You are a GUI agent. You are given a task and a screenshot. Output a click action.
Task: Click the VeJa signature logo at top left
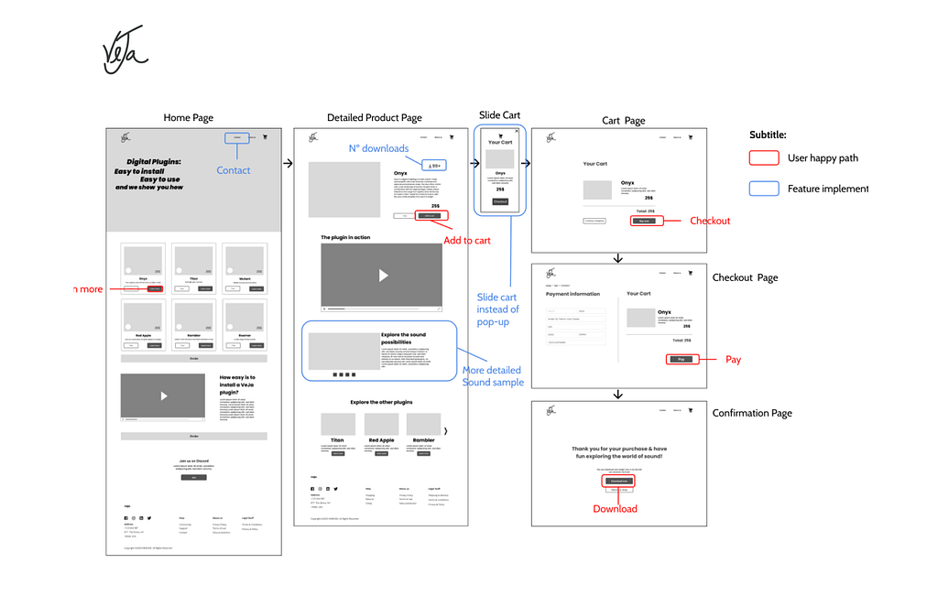[123, 50]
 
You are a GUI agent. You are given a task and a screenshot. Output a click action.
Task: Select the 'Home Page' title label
[188, 118]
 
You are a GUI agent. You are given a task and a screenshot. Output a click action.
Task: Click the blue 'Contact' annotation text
[233, 170]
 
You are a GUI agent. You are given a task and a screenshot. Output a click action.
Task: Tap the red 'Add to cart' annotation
[467, 241]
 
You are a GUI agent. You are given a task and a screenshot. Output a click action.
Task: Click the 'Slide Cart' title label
[499, 115]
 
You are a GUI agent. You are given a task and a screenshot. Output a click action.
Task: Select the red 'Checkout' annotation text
[710, 221]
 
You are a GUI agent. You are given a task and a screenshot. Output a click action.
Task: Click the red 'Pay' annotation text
[733, 360]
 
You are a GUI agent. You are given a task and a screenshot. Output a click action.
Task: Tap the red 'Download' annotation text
[615, 509]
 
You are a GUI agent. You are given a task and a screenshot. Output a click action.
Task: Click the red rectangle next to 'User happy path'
[763, 158]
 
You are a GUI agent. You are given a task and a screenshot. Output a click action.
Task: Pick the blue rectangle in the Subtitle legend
[763, 189]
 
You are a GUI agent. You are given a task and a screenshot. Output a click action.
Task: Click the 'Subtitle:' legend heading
[768, 135]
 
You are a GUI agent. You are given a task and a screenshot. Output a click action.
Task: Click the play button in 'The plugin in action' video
[383, 276]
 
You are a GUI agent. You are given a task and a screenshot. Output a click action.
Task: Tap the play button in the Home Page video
[164, 396]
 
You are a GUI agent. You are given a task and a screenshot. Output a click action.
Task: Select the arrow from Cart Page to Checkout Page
[618, 258]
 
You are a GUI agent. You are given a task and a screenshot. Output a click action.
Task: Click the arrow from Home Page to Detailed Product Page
[288, 164]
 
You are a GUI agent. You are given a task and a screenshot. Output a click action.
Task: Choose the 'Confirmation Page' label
[752, 413]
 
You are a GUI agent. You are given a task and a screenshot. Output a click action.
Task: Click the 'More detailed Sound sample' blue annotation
[493, 376]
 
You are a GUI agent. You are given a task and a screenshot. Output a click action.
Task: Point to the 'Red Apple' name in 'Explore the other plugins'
[381, 440]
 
